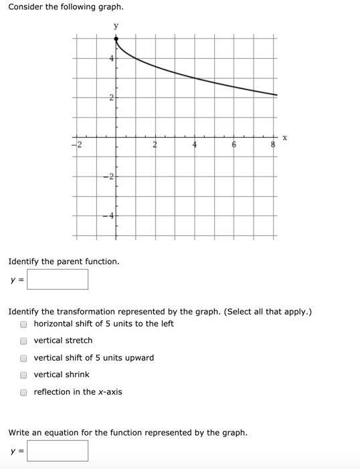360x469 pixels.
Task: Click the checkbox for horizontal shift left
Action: [23, 324]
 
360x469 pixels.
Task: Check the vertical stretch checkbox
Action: [23, 341]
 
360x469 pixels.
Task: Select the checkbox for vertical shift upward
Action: [23, 358]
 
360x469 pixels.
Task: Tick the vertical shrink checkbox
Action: [23, 375]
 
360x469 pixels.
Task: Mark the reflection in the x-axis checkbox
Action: [23, 393]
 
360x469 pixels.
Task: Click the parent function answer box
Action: [58, 279]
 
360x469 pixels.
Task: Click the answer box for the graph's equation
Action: [58, 450]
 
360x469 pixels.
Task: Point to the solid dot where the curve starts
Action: [116, 39]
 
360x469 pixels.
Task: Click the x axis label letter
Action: [285, 138]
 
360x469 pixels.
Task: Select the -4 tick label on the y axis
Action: [108, 216]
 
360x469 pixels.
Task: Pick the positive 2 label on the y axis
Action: [111, 98]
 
